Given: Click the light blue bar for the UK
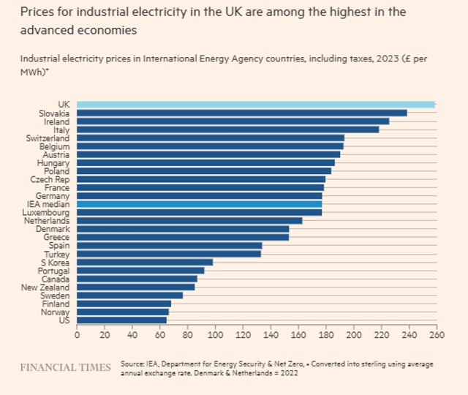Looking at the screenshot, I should [x=256, y=105].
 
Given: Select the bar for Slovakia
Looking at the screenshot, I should [x=242, y=113].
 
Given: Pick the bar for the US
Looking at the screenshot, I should [x=121, y=320].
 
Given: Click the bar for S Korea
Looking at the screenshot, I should [x=145, y=262].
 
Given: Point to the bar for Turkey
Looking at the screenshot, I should [x=169, y=254].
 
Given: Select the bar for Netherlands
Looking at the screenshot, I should [x=189, y=220].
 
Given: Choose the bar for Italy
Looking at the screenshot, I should [x=228, y=129].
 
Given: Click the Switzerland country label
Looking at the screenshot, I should [x=48, y=138].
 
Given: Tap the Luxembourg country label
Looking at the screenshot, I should [x=48, y=212].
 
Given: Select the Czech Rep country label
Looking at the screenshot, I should [x=50, y=179].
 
